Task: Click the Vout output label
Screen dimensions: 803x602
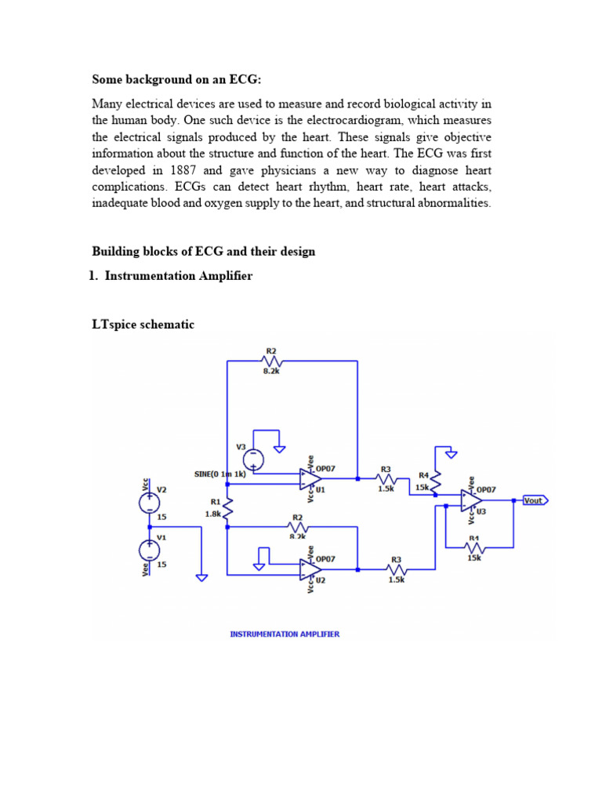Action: click(533, 500)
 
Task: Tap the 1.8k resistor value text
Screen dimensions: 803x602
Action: click(212, 514)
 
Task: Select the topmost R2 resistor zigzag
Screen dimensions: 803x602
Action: click(271, 362)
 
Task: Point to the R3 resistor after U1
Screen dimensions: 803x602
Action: click(386, 478)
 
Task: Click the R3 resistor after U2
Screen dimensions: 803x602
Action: click(396, 570)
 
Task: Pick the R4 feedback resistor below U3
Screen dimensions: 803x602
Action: click(473, 547)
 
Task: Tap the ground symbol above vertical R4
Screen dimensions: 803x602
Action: click(450, 453)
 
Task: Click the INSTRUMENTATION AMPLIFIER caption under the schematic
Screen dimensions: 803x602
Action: click(285, 634)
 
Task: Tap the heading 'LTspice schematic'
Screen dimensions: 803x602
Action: click(143, 324)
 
